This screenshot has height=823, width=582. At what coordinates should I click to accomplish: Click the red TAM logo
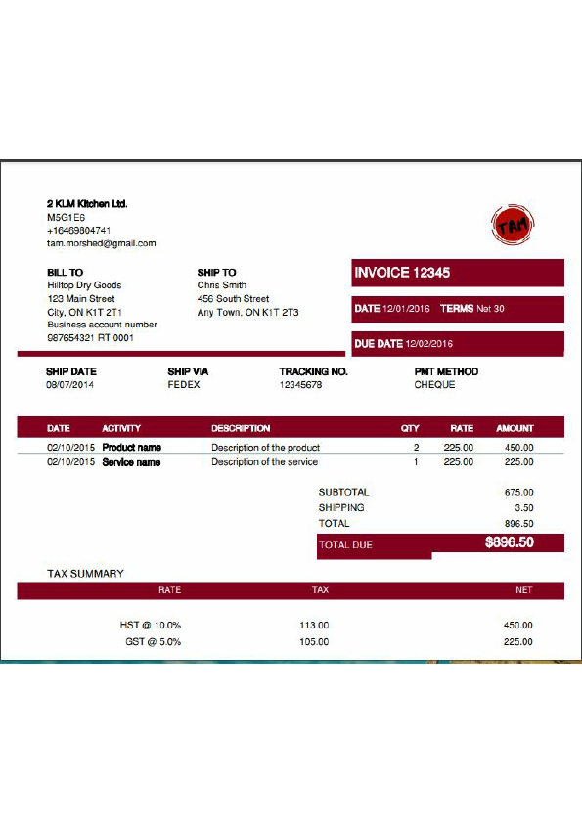coord(513,226)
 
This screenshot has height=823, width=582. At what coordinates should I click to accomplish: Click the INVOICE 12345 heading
coord(402,273)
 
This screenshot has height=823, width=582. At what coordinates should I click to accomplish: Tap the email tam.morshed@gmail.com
coord(101,243)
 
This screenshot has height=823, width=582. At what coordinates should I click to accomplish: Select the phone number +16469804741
coord(85,231)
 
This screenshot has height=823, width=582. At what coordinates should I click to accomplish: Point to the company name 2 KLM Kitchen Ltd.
coord(87,204)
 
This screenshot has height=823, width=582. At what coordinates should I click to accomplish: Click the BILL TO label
coord(65,273)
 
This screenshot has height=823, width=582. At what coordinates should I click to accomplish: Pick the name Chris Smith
coord(221,285)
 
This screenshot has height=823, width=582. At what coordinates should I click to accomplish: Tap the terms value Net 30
coord(490,309)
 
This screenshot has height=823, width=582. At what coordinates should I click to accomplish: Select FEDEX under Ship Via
coord(184,385)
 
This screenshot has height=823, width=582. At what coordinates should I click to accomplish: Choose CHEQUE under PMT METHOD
coord(434,385)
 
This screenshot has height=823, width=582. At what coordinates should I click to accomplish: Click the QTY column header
coord(410,428)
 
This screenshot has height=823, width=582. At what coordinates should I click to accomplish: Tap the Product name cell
coord(131,448)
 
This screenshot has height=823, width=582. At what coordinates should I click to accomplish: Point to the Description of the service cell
coord(264,462)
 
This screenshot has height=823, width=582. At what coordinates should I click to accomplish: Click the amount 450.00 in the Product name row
coord(518,448)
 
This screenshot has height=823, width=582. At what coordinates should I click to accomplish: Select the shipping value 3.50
coord(524,508)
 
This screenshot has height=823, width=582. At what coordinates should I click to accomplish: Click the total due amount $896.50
coord(509,542)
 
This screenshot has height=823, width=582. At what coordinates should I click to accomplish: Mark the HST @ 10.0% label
coord(151,625)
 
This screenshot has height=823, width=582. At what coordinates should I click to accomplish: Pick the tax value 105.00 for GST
coord(314,642)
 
